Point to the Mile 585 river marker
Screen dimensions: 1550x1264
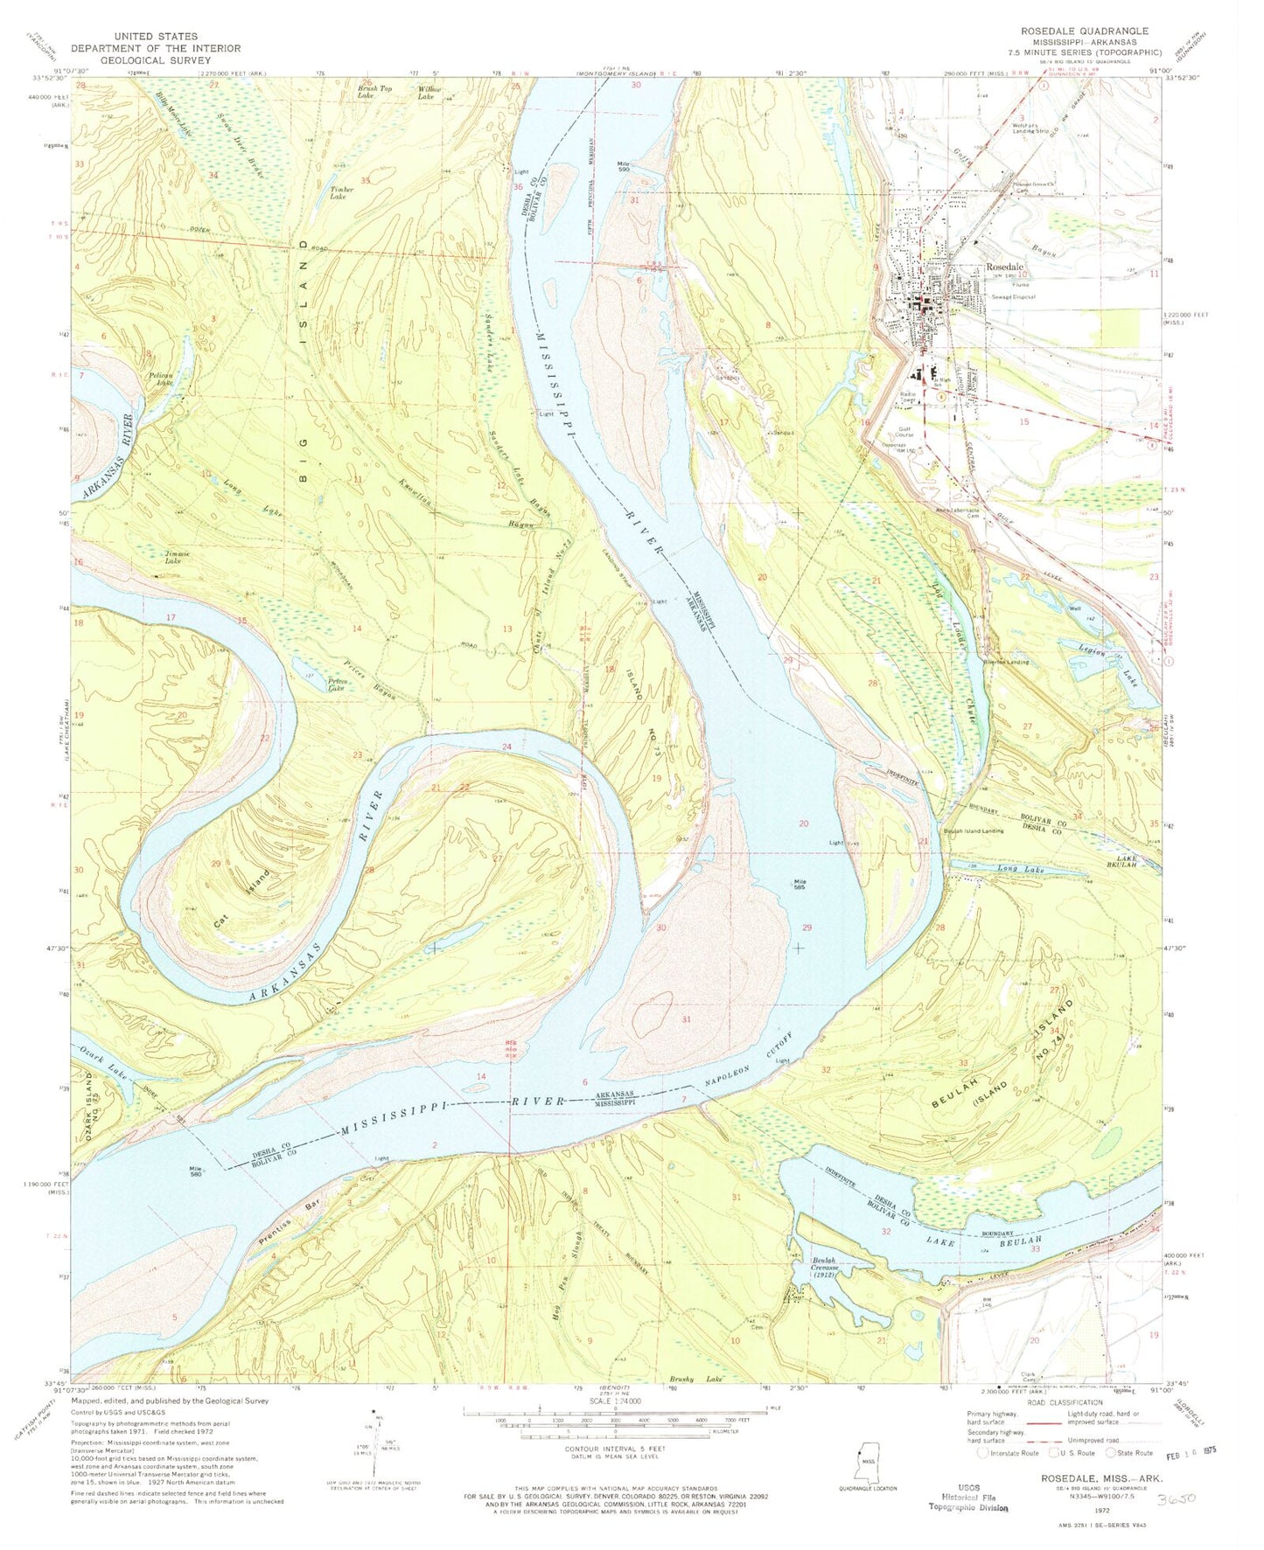(800, 885)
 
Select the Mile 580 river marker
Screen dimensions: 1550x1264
(194, 1171)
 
